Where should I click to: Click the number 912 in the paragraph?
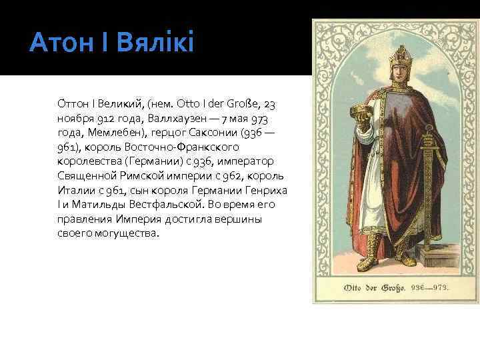pos(102,117)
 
